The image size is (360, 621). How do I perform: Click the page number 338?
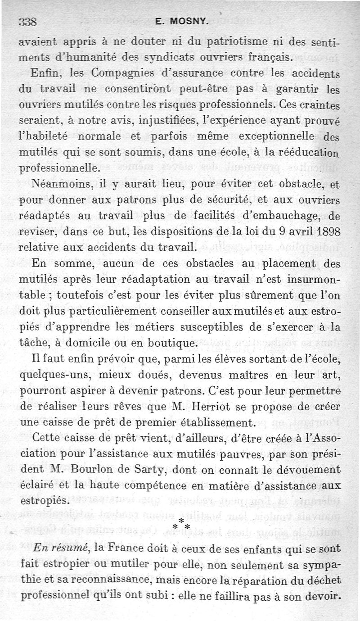coord(27,21)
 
